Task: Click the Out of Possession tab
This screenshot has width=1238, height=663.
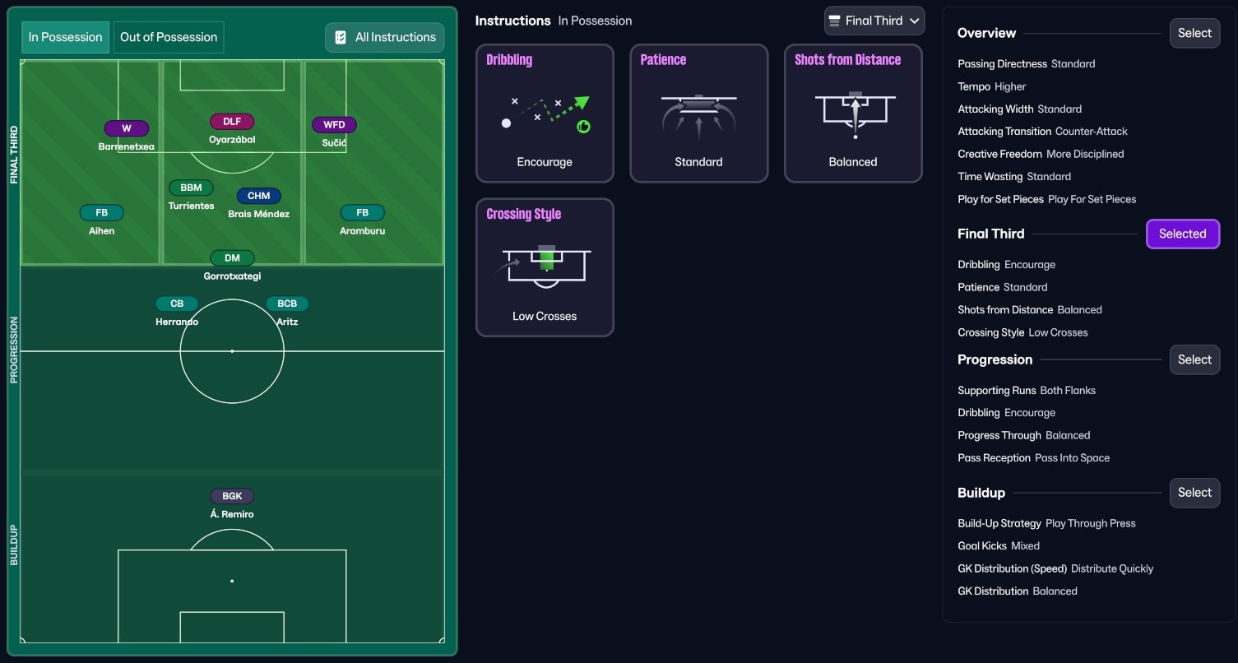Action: point(169,37)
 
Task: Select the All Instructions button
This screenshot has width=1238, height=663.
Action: point(385,37)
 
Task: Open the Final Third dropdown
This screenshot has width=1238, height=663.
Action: point(874,21)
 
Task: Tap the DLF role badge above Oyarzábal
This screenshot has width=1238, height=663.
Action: point(232,122)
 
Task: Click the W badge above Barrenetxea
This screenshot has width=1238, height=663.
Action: point(127,128)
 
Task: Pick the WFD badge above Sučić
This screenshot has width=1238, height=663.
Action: point(334,125)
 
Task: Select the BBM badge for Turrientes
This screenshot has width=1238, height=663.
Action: point(191,188)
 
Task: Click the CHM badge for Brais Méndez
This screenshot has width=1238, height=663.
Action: point(259,196)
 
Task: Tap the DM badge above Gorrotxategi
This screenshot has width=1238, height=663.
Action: point(232,258)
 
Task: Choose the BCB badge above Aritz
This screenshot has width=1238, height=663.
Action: point(287,304)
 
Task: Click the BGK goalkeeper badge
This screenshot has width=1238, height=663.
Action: point(232,496)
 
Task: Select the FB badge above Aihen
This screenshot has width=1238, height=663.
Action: point(101,213)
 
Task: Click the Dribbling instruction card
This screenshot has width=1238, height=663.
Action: point(545,113)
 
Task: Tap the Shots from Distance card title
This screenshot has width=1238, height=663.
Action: point(847,60)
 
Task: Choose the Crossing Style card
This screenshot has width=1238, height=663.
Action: point(545,267)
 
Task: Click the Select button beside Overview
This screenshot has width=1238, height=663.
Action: point(1194,33)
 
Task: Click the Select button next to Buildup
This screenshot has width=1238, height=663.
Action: point(1194,493)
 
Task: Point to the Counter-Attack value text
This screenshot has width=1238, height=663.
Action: point(1092,132)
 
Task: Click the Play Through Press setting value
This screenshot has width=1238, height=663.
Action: point(1090,523)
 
